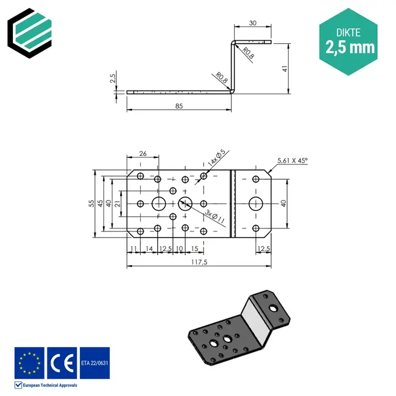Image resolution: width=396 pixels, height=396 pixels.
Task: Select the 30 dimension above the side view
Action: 252,23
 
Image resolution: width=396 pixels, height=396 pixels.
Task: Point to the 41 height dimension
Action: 284,68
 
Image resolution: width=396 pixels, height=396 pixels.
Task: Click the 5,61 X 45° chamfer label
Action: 292,161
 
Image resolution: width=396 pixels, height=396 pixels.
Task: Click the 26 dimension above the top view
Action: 143,153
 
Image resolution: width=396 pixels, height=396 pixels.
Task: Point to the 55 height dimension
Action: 92,204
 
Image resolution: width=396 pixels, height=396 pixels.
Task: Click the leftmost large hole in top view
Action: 158,203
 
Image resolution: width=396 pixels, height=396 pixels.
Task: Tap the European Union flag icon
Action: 29,362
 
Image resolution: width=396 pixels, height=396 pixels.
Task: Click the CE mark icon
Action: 62,362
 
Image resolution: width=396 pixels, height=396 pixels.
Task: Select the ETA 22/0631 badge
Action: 94,362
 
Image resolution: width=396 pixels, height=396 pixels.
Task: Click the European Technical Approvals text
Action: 49,385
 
